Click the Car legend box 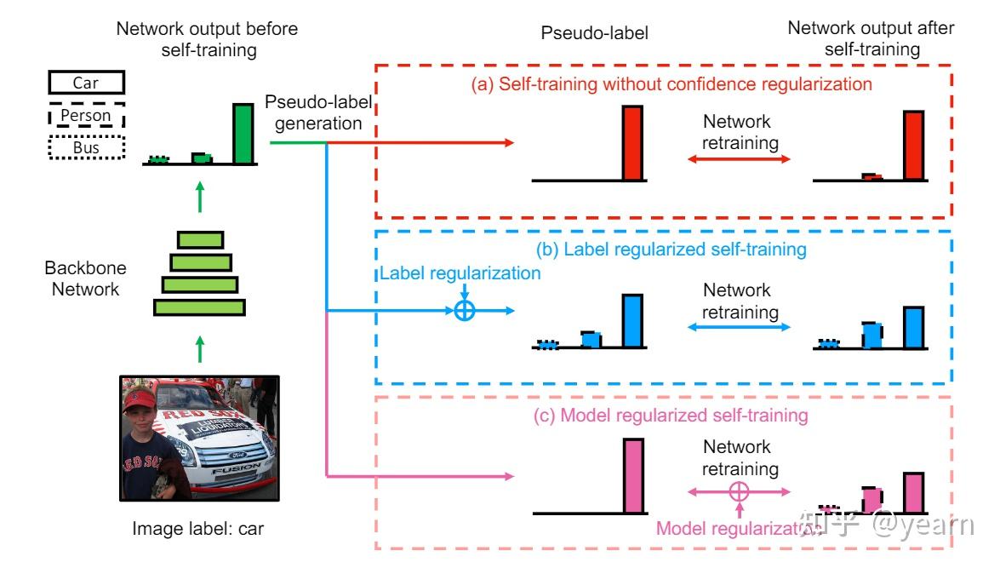pos(86,83)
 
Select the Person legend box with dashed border pos(86,116)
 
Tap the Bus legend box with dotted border pos(86,147)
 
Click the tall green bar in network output pos(243,134)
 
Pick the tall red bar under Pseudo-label pos(632,143)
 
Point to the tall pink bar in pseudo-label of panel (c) pos(633,476)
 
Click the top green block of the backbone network pos(200,240)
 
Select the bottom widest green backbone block pos(200,307)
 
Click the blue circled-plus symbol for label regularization pos(465,311)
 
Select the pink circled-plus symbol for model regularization pos(739,492)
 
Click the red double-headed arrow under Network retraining pos(740,159)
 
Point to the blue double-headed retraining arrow pos(740,327)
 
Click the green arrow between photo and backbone pos(200,349)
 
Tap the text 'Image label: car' pos(197,529)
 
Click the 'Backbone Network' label pos(85,278)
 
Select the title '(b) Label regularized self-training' pos(671,250)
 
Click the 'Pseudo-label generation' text pos(318,112)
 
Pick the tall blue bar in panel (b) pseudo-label pos(632,321)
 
